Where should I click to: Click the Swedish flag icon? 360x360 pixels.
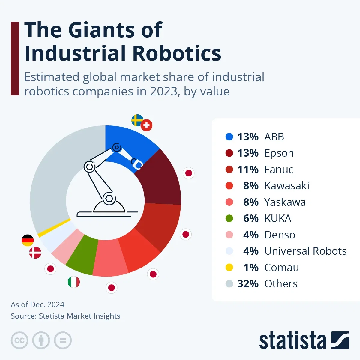pos(137,120)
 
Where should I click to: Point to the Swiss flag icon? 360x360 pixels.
pos(146,125)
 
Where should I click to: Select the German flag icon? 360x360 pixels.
pos(28,241)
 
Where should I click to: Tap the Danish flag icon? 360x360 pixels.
pos(35,253)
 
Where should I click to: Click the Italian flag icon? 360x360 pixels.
pos(74,282)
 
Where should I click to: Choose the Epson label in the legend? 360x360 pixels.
pos(279,153)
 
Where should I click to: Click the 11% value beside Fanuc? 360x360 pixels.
pos(248,169)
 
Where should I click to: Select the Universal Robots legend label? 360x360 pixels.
pos(305,251)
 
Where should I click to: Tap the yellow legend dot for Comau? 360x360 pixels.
pos(229,267)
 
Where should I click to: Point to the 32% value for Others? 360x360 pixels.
pos(248,284)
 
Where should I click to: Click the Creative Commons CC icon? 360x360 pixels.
pos(19,340)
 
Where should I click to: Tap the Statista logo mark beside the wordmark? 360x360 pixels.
pos(340,340)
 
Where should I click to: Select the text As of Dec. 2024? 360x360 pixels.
pos(37,304)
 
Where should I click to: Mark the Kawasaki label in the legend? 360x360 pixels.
pos(286,186)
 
